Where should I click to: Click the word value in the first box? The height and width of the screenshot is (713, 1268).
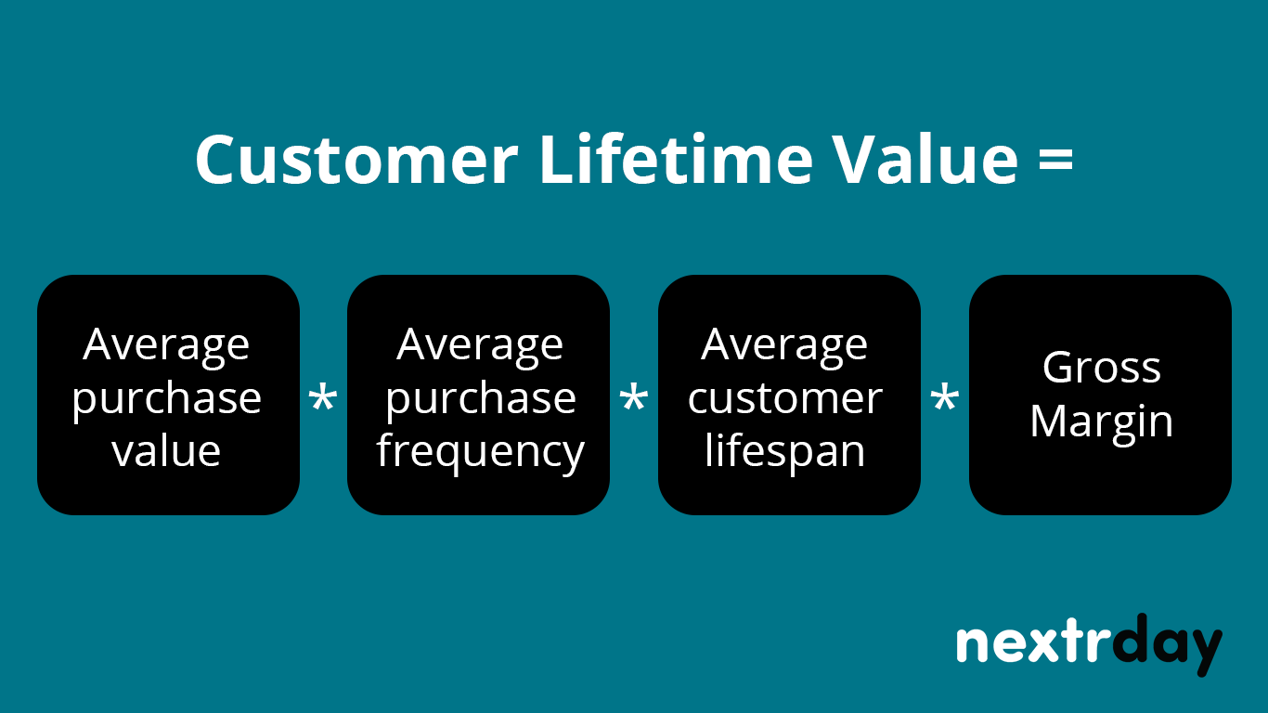pyautogui.click(x=166, y=451)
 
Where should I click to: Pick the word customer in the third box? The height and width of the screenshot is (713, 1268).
pyautogui.click(x=785, y=398)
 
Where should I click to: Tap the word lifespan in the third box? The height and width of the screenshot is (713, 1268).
pyautogui.click(x=785, y=452)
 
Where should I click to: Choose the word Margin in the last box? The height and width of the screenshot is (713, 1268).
pyautogui.click(x=1101, y=422)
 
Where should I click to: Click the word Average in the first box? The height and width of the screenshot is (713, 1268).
pyautogui.click(x=166, y=345)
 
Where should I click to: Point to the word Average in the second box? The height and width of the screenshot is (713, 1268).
pyautogui.click(x=479, y=345)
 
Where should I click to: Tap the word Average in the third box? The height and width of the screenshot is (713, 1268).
pyautogui.click(x=785, y=345)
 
